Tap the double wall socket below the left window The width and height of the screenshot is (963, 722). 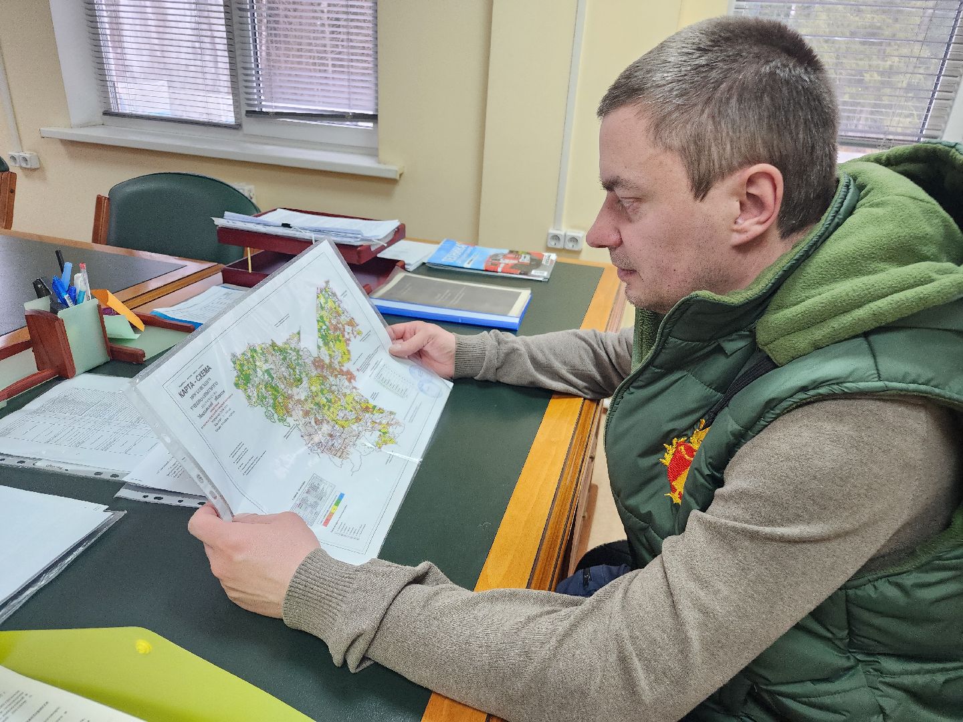click(27, 160)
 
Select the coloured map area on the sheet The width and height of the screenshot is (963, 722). click(314, 374)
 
